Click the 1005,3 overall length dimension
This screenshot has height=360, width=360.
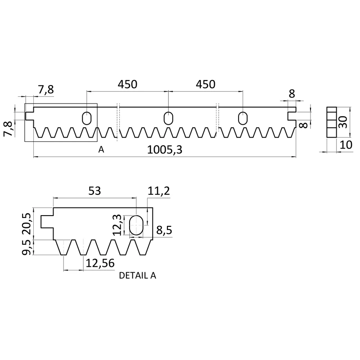tap(165, 150)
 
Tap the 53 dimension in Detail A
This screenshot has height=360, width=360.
tap(94, 191)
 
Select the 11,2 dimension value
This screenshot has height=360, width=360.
tap(159, 191)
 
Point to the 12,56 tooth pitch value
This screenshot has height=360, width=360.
tap(100, 263)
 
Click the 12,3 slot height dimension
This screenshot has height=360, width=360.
tap(117, 225)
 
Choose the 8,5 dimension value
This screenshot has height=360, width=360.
tap(164, 230)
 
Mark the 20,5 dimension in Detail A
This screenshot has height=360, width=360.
tap(27, 224)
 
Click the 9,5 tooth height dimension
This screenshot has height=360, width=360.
tap(27, 247)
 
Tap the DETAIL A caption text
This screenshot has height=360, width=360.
tap(138, 275)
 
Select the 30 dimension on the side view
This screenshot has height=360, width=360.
tap(343, 122)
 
